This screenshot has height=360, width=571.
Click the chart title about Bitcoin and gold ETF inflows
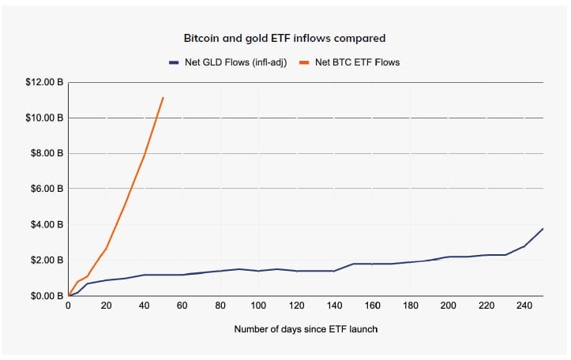pos(284,38)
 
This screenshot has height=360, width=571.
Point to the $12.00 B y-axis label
pos(44,82)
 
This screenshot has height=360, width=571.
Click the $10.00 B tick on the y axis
pos(44,118)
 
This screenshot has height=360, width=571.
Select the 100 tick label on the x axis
pos(258,306)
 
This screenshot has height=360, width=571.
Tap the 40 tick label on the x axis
pos(145,306)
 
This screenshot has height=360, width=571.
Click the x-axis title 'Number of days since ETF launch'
pos(306,328)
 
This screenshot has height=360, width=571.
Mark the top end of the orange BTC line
pos(163,97)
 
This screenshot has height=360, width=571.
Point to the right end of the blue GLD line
pos(543,228)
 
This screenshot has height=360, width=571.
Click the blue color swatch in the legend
pos(174,62)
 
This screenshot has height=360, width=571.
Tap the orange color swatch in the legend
pos(304,62)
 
